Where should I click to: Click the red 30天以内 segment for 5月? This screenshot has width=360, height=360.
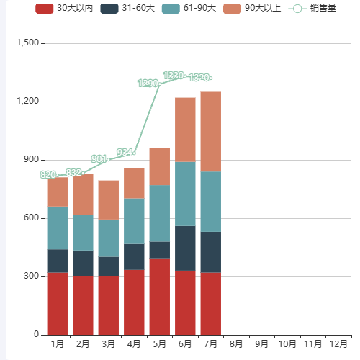click(x=159, y=297)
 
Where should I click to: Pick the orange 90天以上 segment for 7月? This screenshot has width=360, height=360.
click(x=211, y=132)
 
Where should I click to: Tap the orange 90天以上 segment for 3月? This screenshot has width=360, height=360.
click(x=108, y=200)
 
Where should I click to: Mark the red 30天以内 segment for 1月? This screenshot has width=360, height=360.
click(x=57, y=303)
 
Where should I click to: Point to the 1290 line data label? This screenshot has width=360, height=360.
click(x=148, y=84)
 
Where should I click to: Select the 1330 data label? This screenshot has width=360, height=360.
click(x=174, y=76)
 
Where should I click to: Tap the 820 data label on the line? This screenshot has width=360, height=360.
click(x=48, y=175)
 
